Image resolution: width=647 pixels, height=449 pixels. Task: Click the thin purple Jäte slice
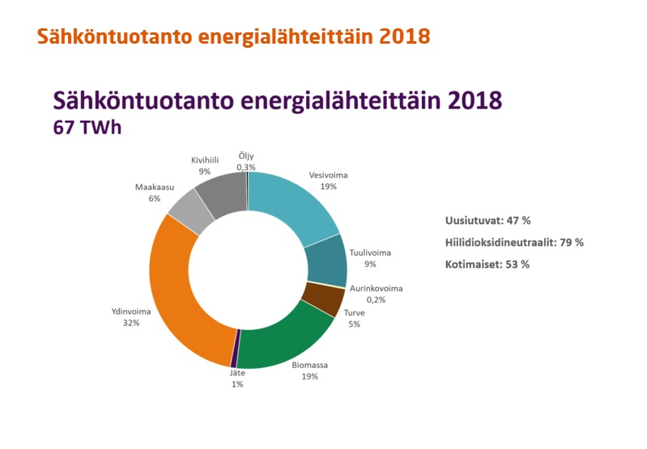click(x=234, y=349)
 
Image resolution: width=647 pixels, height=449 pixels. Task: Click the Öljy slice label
click(x=246, y=156)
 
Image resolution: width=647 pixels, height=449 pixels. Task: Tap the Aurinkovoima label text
click(x=376, y=288)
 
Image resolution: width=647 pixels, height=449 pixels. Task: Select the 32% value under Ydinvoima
click(x=131, y=323)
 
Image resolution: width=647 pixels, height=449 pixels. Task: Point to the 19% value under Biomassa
click(x=310, y=376)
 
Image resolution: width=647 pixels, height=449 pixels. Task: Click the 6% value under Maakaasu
click(x=155, y=198)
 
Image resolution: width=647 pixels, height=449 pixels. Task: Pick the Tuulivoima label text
click(x=370, y=252)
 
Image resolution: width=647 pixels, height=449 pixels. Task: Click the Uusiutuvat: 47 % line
click(x=487, y=221)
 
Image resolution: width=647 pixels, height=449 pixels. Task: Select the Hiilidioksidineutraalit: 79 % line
click(x=514, y=243)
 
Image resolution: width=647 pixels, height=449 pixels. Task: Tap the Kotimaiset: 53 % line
click(x=487, y=265)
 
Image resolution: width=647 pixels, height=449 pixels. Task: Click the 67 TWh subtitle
click(x=87, y=127)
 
